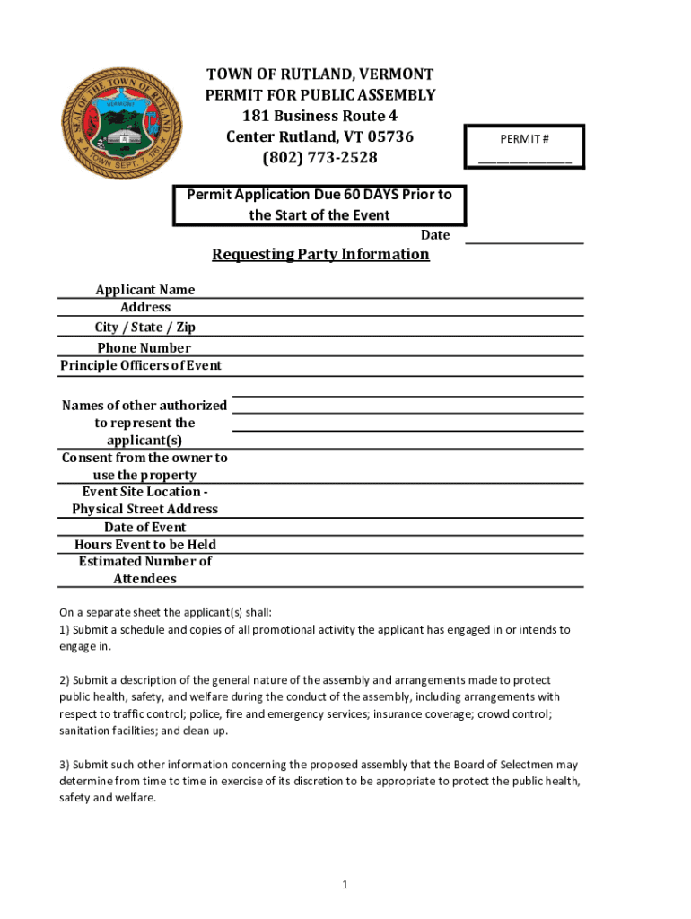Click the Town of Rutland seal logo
(119, 122)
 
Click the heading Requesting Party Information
(320, 254)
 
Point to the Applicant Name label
(144, 289)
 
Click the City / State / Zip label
(144, 327)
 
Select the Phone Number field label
(144, 347)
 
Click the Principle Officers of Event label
(141, 365)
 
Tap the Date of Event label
(144, 527)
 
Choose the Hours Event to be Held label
(144, 544)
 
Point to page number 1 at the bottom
(345, 885)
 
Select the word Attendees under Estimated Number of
(144, 579)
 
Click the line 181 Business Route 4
(319, 117)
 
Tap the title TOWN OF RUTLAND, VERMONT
(319, 74)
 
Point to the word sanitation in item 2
(87, 731)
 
